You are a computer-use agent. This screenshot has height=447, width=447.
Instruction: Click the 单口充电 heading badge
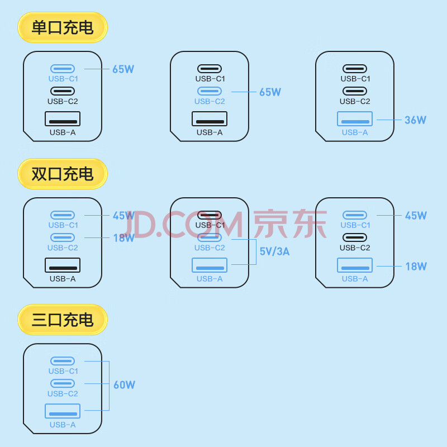63,27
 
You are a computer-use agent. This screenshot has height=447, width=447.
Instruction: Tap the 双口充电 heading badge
63,174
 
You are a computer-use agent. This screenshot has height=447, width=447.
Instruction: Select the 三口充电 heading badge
63,320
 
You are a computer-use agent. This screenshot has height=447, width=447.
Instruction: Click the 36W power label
415,120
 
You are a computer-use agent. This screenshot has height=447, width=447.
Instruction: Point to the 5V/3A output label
274,251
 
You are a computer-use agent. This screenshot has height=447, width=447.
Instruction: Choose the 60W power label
124,385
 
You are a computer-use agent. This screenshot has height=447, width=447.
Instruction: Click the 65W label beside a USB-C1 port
123,69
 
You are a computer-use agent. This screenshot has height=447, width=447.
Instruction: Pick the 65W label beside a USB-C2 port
270,92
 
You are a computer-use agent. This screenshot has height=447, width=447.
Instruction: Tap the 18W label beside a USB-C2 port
123,238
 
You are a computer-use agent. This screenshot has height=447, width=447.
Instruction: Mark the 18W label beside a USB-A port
416,267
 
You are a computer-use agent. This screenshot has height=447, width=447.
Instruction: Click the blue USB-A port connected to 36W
355,118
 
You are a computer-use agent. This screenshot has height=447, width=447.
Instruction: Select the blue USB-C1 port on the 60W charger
63,361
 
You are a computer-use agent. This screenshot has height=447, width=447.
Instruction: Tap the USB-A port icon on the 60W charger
63,411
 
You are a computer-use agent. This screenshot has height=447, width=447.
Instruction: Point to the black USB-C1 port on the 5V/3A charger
210,215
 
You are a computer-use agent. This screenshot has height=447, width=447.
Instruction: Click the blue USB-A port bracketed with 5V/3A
210,265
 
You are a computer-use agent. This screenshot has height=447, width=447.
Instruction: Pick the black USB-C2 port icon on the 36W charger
355,91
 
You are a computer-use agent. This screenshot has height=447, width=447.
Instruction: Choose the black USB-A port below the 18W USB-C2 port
63,265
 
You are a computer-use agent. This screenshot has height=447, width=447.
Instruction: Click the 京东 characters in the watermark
290,223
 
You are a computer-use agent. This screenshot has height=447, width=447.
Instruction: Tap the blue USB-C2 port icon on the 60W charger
63,383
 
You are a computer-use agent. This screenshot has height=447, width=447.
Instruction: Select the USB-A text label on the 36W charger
355,132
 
